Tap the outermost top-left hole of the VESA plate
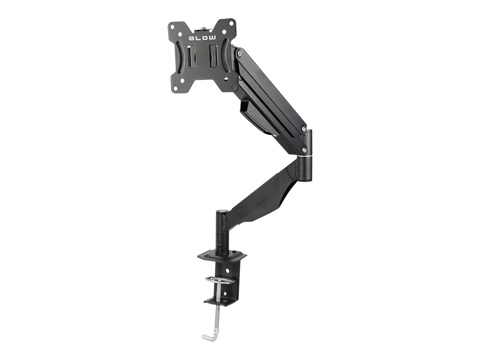(172, 25)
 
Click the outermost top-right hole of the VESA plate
(233, 25)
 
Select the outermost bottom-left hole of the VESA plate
(173, 85)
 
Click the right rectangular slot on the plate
(213, 56)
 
